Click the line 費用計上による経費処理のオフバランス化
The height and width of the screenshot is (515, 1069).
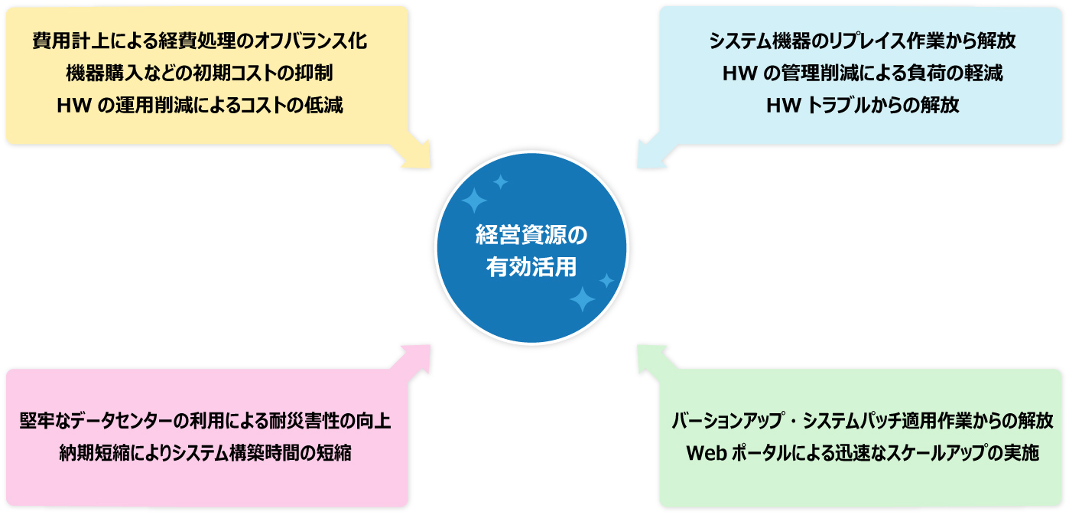pos(200,41)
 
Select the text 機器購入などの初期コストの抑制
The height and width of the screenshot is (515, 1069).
pos(200,73)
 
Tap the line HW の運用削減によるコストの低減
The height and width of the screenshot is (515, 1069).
pos(200,105)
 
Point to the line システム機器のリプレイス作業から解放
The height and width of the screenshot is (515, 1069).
pos(863,41)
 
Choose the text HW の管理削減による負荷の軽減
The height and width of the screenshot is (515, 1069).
pos(863,73)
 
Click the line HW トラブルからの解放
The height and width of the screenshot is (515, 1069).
pos(863,105)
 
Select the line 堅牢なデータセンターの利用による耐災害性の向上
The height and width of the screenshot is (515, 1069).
pos(205,421)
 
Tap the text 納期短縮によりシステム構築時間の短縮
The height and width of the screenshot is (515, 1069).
pos(205,453)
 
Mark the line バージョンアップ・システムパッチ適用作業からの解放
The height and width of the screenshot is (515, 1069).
pos(863,421)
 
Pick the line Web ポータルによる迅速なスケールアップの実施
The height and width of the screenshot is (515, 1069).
pos(863,453)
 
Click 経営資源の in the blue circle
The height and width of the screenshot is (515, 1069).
pos(531,235)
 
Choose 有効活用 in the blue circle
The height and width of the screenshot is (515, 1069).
pos(531,266)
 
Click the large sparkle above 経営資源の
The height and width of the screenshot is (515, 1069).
pos(474,200)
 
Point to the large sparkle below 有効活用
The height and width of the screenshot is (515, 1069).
pos(582,299)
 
